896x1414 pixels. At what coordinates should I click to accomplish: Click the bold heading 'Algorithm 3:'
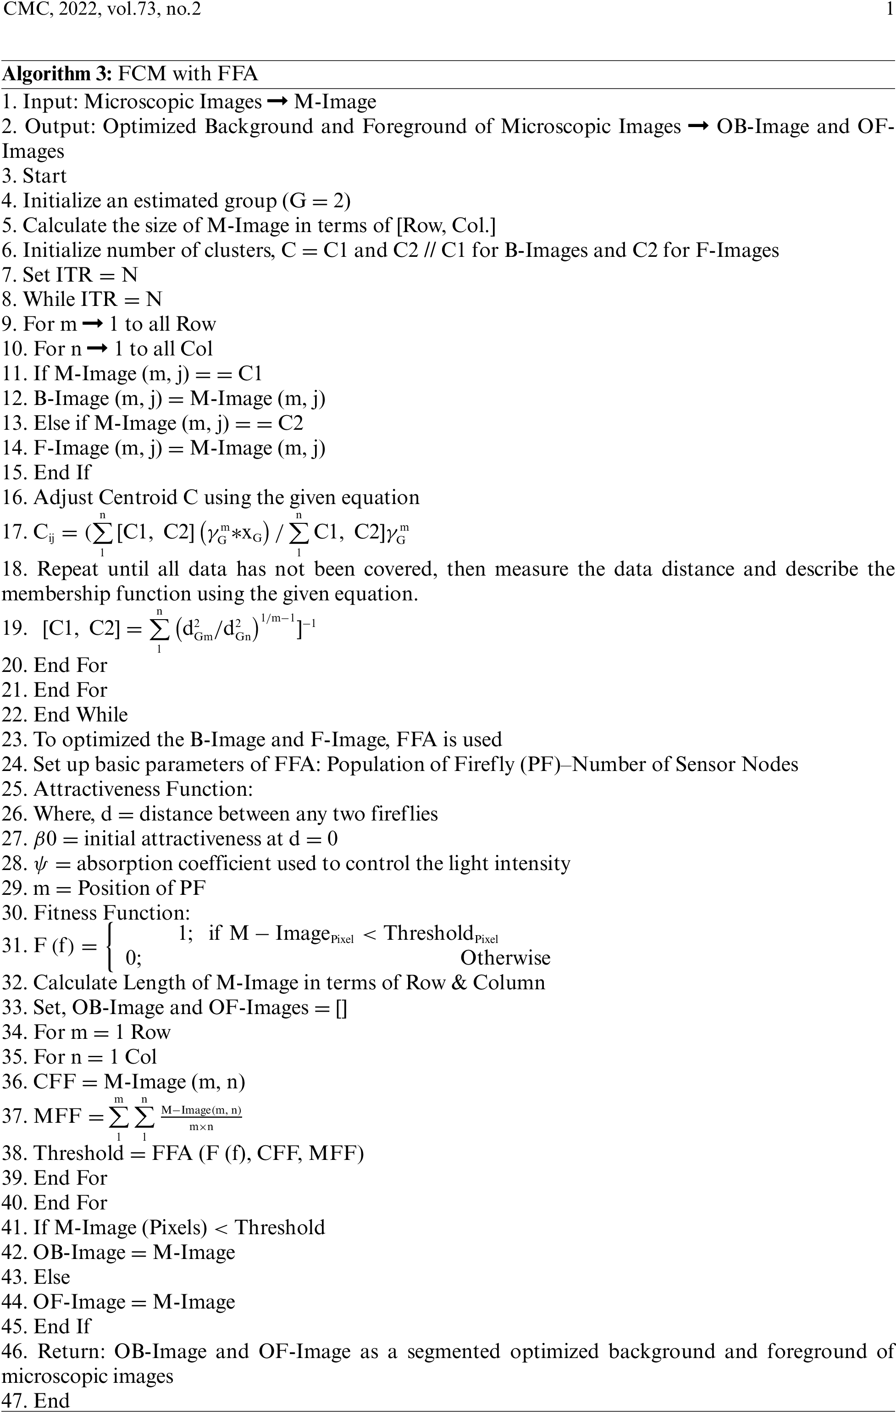pos(56,74)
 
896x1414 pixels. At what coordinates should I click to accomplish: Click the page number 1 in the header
pos(890,9)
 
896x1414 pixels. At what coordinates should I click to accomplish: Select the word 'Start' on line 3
pos(44,176)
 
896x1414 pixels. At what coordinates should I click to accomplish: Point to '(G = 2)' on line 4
pos(316,201)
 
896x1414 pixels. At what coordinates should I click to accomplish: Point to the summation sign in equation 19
pos(159,631)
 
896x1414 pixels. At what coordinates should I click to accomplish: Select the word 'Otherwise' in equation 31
pos(505,958)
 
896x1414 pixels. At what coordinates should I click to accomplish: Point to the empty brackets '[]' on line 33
pos(341,1008)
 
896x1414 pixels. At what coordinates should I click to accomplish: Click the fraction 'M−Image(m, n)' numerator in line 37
pos(201,1110)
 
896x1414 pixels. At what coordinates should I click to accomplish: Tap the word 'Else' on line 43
pos(52,1277)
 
